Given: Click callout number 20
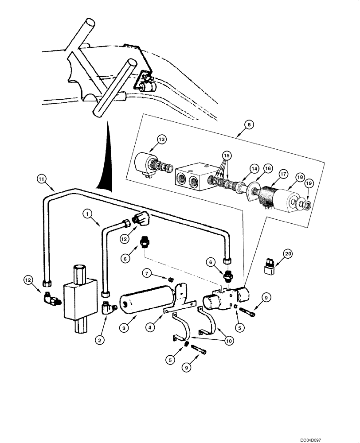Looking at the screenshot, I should [x=288, y=254].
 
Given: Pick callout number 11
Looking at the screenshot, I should [x=41, y=179].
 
